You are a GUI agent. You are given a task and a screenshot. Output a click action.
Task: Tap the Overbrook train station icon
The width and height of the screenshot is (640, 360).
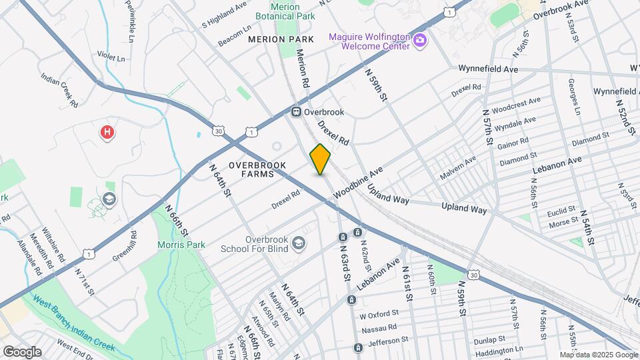(297, 112)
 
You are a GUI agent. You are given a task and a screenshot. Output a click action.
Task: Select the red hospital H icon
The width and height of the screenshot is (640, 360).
(107, 133)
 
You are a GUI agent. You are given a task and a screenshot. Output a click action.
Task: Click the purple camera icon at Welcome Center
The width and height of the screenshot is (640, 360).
(420, 42)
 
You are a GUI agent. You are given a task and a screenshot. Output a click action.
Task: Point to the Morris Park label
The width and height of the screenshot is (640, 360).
(181, 245)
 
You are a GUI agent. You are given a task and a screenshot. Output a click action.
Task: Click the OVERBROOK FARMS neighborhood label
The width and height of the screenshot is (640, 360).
(257, 169)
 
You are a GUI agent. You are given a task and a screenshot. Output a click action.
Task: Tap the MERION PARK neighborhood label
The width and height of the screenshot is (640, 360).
(281, 40)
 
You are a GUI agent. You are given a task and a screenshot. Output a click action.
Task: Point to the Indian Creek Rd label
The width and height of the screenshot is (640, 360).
(60, 91)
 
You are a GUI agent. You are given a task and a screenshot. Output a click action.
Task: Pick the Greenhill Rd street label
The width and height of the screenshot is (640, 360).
(125, 246)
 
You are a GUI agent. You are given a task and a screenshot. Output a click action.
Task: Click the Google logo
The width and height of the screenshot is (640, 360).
(21, 351)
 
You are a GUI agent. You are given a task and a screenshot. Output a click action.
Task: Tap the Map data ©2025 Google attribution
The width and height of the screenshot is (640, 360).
(598, 355)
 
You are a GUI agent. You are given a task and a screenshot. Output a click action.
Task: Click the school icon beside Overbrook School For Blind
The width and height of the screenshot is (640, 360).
(298, 242)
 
